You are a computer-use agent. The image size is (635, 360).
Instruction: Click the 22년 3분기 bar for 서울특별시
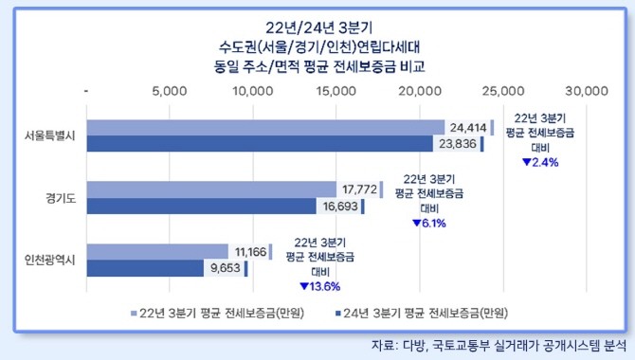[265, 128]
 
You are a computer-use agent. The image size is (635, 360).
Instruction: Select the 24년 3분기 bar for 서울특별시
[260, 144]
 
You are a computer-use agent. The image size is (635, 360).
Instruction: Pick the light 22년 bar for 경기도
[211, 189]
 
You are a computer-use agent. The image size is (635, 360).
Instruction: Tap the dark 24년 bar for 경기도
[202, 206]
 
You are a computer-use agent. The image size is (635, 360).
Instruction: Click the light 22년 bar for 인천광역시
[157, 252]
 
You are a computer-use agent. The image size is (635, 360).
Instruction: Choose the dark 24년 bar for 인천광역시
[145, 268]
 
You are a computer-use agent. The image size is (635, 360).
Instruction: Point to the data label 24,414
[468, 128]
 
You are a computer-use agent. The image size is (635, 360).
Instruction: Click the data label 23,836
[458, 144]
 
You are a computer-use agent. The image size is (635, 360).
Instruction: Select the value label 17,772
[359, 189]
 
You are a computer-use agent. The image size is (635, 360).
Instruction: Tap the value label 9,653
[226, 268]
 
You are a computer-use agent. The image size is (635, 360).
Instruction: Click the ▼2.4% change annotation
[540, 162]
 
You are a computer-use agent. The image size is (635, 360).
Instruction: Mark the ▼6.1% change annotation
[429, 224]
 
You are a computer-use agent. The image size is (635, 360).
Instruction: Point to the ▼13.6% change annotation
[320, 287]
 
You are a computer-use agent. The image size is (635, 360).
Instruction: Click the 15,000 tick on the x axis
[336, 91]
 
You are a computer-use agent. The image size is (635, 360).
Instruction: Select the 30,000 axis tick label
[587, 91]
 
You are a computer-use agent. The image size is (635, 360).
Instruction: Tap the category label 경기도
[61, 198]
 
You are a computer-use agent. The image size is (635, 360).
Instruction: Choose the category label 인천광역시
[50, 260]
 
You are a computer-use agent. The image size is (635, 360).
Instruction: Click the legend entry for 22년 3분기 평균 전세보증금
[217, 313]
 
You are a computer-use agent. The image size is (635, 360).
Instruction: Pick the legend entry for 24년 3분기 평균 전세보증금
[421, 313]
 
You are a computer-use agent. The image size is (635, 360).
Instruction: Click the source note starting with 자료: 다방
[499, 346]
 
